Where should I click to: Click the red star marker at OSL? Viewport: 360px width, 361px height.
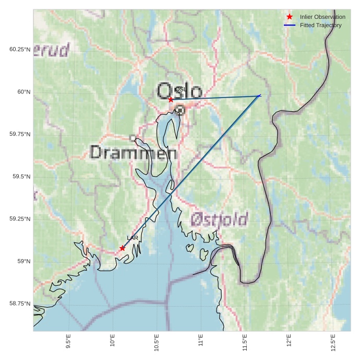(x=171, y=99)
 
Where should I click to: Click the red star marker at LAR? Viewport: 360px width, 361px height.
(x=122, y=248)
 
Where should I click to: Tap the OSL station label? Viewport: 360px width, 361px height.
(x=181, y=89)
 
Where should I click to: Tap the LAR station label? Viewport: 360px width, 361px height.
(x=133, y=238)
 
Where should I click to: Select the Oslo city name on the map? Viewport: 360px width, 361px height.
(x=179, y=91)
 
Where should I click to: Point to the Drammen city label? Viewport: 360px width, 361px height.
(x=134, y=153)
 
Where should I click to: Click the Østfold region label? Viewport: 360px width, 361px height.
(x=219, y=219)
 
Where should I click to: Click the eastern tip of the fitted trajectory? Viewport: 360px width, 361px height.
(x=260, y=96)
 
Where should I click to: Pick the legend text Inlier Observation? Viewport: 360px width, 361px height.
(x=322, y=17)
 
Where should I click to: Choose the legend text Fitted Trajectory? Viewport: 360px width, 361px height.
(x=321, y=25)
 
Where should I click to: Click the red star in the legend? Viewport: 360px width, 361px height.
(x=290, y=17)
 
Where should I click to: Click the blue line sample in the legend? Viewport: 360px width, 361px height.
(x=290, y=25)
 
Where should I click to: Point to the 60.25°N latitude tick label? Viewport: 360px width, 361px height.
(x=20, y=50)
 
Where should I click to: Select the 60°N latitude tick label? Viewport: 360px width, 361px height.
(x=24, y=92)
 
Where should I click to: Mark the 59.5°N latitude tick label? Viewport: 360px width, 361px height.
(x=21, y=177)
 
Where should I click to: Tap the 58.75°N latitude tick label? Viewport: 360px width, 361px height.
(x=20, y=304)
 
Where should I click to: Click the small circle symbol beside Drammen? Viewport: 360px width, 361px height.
(x=133, y=138)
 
